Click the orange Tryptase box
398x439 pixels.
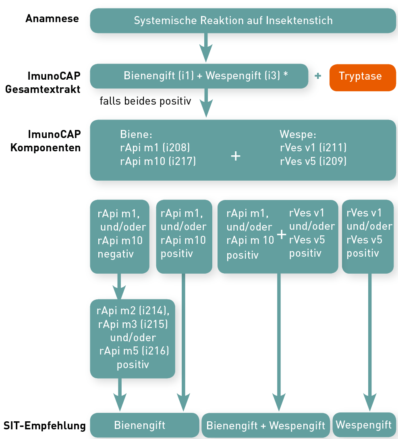pyautogui.click(x=363, y=78)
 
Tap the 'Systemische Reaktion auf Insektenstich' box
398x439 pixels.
pyautogui.click(x=243, y=21)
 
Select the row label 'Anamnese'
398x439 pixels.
pyautogui.click(x=52, y=19)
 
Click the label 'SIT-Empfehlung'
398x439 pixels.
pyautogui.click(x=44, y=426)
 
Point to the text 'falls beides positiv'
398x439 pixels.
pyautogui.click(x=145, y=101)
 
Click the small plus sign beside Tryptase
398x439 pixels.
pyautogui.click(x=318, y=76)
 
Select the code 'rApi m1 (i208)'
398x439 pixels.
pyautogui.click(x=155, y=148)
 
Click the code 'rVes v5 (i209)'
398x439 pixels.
pyautogui.click(x=313, y=161)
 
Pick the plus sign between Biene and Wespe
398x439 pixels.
pyautogui.click(x=235, y=156)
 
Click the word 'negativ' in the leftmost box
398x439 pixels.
pyautogui.click(x=116, y=254)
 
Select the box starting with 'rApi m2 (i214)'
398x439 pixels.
pyautogui.click(x=133, y=339)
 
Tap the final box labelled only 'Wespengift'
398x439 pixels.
pyautogui.click(x=364, y=425)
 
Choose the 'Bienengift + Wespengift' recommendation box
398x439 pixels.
pyautogui.click(x=265, y=425)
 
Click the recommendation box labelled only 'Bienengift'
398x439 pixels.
pyautogui.click(x=144, y=425)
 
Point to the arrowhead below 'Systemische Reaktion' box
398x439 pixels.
pyautogui.click(x=206, y=53)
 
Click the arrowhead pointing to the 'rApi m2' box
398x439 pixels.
pyautogui.click(x=119, y=292)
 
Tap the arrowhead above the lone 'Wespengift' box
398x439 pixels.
pyautogui.click(x=370, y=402)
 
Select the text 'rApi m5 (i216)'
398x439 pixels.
pyautogui.click(x=134, y=351)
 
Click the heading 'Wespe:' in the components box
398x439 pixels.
pyautogui.click(x=298, y=134)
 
